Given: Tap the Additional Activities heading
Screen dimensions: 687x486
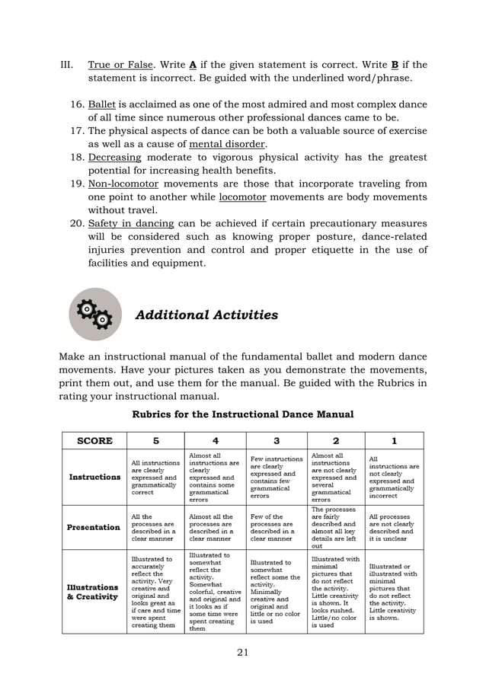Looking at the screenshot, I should click(206, 315).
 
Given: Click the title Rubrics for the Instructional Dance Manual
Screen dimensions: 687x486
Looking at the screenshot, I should click(243, 414).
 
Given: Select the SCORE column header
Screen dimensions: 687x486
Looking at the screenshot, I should click(95, 440).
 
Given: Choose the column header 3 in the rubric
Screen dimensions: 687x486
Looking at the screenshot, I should click(277, 440).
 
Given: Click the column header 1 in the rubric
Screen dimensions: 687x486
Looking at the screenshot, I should click(394, 440).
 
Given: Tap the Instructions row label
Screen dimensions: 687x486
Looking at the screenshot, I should click(95, 477).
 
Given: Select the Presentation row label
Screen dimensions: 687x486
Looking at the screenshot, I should click(95, 527).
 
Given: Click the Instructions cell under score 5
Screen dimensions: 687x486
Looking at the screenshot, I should click(155, 477).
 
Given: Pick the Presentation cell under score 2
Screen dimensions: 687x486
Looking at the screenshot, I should click(336, 527).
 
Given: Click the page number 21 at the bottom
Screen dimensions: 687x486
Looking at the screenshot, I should click(242, 650).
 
